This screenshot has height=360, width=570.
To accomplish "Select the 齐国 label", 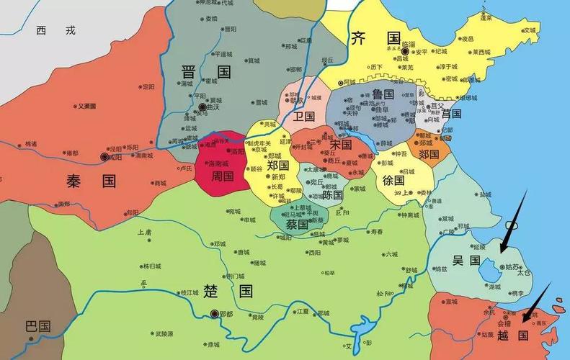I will tap(375, 38).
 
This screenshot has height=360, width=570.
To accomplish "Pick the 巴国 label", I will tap(37, 325).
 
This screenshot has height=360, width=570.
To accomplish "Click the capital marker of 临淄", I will tap(406, 52).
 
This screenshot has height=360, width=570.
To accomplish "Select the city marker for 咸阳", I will tap(105, 156).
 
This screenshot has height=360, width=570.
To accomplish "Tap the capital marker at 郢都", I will tap(213, 314).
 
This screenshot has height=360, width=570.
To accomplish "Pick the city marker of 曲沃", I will tap(202, 107).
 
